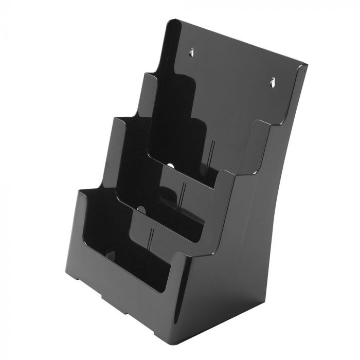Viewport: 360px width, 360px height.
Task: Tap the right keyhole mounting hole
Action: coord(272,81)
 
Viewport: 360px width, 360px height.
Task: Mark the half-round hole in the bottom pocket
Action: coord(109,253)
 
